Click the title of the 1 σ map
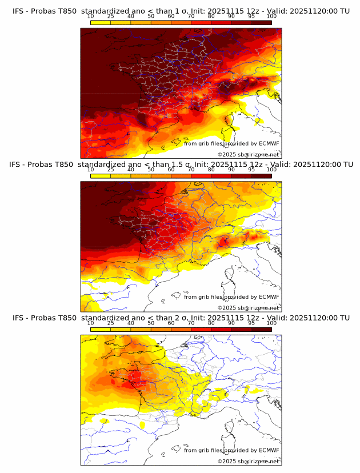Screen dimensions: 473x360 tap(181, 11)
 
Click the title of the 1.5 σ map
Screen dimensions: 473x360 tap(181, 165)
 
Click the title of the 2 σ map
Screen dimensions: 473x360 tap(181, 318)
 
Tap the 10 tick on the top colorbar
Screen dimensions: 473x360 tap(90, 16)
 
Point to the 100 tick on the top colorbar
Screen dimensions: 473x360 tap(271, 16)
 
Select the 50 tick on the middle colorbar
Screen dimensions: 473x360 tap(151, 170)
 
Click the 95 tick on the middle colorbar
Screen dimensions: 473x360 tap(251, 170)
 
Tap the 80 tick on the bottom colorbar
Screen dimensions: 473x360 tap(211, 323)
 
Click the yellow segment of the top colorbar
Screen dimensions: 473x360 tap(100, 22)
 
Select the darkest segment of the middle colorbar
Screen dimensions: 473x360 tap(261, 176)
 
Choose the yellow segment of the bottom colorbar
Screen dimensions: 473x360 tap(100, 329)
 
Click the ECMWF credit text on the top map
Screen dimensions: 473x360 tap(231, 143)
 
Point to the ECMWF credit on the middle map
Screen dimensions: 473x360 tap(231, 296)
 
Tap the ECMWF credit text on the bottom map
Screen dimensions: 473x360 tap(231, 450)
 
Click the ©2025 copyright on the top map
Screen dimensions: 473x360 tap(248, 154)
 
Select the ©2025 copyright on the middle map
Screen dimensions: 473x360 tap(248, 307)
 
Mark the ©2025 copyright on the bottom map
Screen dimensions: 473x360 tap(248, 461)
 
